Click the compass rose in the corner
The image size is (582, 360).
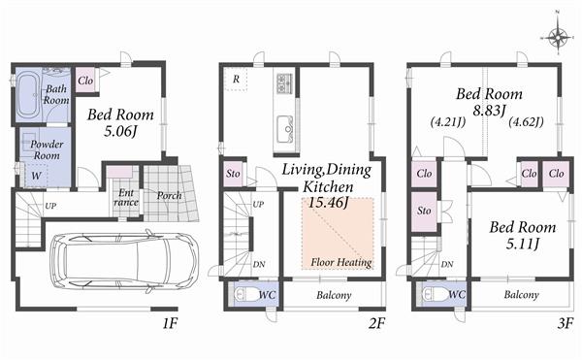[558, 37]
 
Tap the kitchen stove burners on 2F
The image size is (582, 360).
[284, 83]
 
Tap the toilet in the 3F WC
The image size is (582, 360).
[436, 294]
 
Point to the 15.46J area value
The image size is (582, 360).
[328, 204]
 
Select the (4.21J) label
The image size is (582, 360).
[447, 123]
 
